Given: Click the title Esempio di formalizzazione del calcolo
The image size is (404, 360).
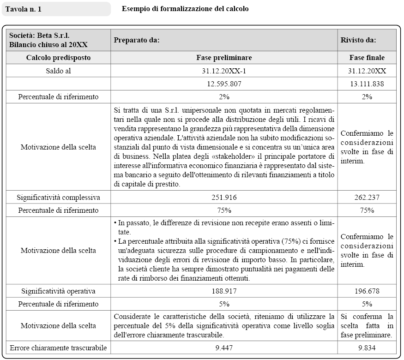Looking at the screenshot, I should point(185,9).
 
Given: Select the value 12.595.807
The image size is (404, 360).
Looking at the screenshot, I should point(224,84).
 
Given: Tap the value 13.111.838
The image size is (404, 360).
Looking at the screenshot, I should point(367,84).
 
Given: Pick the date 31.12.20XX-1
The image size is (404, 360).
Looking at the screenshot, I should point(224,71).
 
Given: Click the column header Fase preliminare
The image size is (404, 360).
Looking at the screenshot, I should point(224,58).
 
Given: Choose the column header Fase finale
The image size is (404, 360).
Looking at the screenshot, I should point(367,58).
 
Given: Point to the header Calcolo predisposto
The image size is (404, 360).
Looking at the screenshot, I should point(58,58).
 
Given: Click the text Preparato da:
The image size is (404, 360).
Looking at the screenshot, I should point(137,40).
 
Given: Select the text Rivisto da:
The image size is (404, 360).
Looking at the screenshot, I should point(358,40).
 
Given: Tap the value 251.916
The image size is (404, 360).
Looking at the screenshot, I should point(224,197).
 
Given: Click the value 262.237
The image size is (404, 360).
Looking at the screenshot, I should point(367,197).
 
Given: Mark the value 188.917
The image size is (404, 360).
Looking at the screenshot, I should point(224,291).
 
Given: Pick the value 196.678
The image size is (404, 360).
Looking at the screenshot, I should point(367,291).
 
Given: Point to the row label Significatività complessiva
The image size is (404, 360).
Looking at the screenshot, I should point(58,197).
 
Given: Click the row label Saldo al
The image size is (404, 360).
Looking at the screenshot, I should point(58,71).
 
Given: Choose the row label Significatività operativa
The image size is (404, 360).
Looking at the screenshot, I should point(58,291).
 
